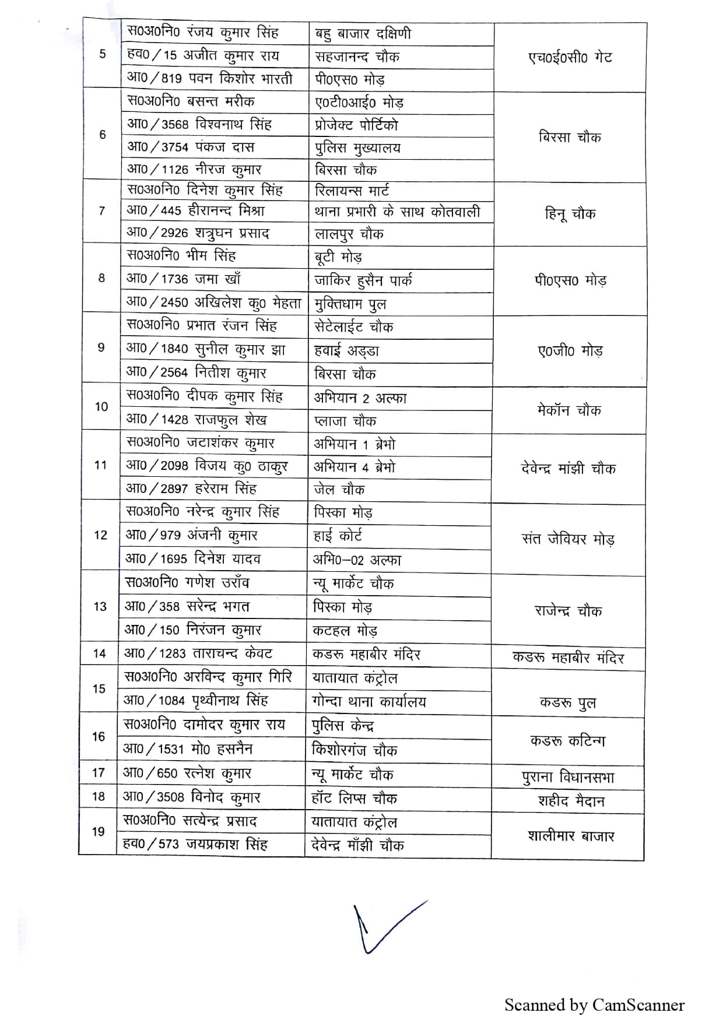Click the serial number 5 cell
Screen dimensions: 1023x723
pyautogui.click(x=103, y=55)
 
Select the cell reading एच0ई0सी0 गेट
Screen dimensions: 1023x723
pyautogui.click(x=570, y=58)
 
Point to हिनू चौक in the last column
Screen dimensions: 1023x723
pyautogui.click(x=570, y=214)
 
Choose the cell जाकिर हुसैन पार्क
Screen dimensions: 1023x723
pyautogui.click(x=363, y=280)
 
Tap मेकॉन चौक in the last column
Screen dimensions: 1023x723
pyautogui.click(x=568, y=410)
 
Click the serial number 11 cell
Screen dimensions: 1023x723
pyautogui.click(x=100, y=465)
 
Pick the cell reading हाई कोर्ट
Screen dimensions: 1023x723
pyautogui.click(x=338, y=536)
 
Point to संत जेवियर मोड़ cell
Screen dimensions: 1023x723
pyautogui.click(x=568, y=539)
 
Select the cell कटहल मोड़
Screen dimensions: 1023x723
pyautogui.click(x=345, y=631)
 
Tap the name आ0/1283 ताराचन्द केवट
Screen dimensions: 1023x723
pyautogui.click(x=198, y=653)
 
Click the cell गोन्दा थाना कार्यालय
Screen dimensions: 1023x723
pyautogui.click(x=369, y=702)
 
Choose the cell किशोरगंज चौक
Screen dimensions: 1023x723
pyautogui.click(x=355, y=750)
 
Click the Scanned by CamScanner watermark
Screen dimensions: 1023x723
pyautogui.click(x=594, y=1005)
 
